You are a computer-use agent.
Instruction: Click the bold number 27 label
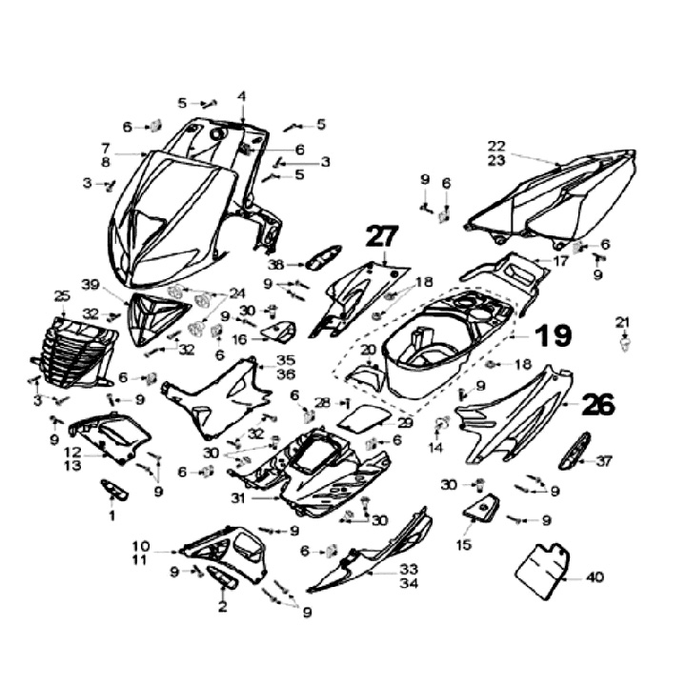pyautogui.click(x=383, y=237)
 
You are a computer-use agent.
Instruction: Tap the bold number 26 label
pyautogui.click(x=598, y=404)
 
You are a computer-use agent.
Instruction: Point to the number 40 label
pyautogui.click(x=595, y=576)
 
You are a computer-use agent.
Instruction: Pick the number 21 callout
pyautogui.click(x=623, y=320)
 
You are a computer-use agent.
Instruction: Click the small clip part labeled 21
pyautogui.click(x=625, y=342)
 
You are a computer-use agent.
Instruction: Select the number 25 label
pyautogui.click(x=62, y=295)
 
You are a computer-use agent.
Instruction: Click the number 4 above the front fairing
pyautogui.click(x=242, y=96)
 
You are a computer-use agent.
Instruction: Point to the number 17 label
pyautogui.click(x=562, y=260)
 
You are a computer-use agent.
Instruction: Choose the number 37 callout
pyautogui.click(x=604, y=461)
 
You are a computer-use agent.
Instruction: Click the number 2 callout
pyautogui.click(x=223, y=606)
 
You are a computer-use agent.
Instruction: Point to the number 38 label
pyautogui.click(x=275, y=264)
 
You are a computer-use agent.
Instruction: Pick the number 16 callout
pyautogui.click(x=239, y=338)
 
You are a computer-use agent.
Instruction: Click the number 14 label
pyautogui.click(x=435, y=447)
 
